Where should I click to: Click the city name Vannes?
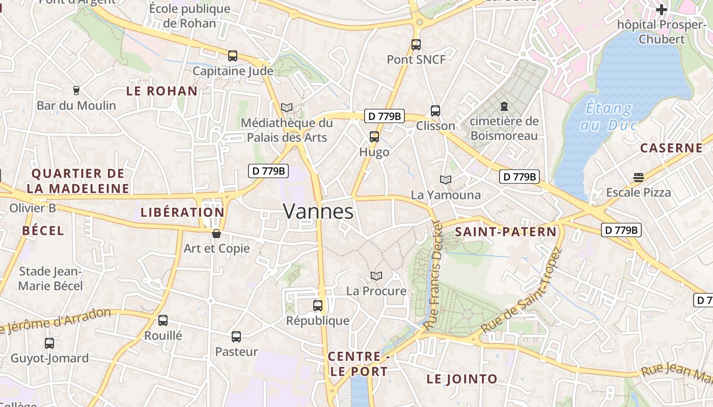coord(318,212)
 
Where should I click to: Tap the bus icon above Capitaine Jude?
coord(233,56)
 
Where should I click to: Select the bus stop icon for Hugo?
coord(374,137)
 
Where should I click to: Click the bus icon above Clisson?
coord(435,111)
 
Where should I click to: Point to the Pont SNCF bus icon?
coord(416,45)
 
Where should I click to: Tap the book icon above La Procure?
coord(376,276)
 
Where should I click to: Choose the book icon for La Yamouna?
coord(446,180)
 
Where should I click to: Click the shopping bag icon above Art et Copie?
coord(216,234)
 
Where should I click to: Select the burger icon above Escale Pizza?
coord(639,178)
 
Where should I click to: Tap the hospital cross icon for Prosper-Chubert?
coord(662,10)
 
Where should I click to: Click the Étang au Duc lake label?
coord(609,117)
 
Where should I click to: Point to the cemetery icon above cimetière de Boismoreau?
coord(504,106)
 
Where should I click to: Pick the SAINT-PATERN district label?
coord(506,232)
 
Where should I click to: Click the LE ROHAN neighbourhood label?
coord(162,91)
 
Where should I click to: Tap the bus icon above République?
coord(318,306)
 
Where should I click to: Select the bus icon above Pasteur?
coord(236,337)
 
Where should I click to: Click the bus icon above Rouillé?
coord(163,321)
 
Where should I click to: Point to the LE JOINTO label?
coord(462,379)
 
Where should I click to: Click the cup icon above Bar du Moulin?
coord(76,91)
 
